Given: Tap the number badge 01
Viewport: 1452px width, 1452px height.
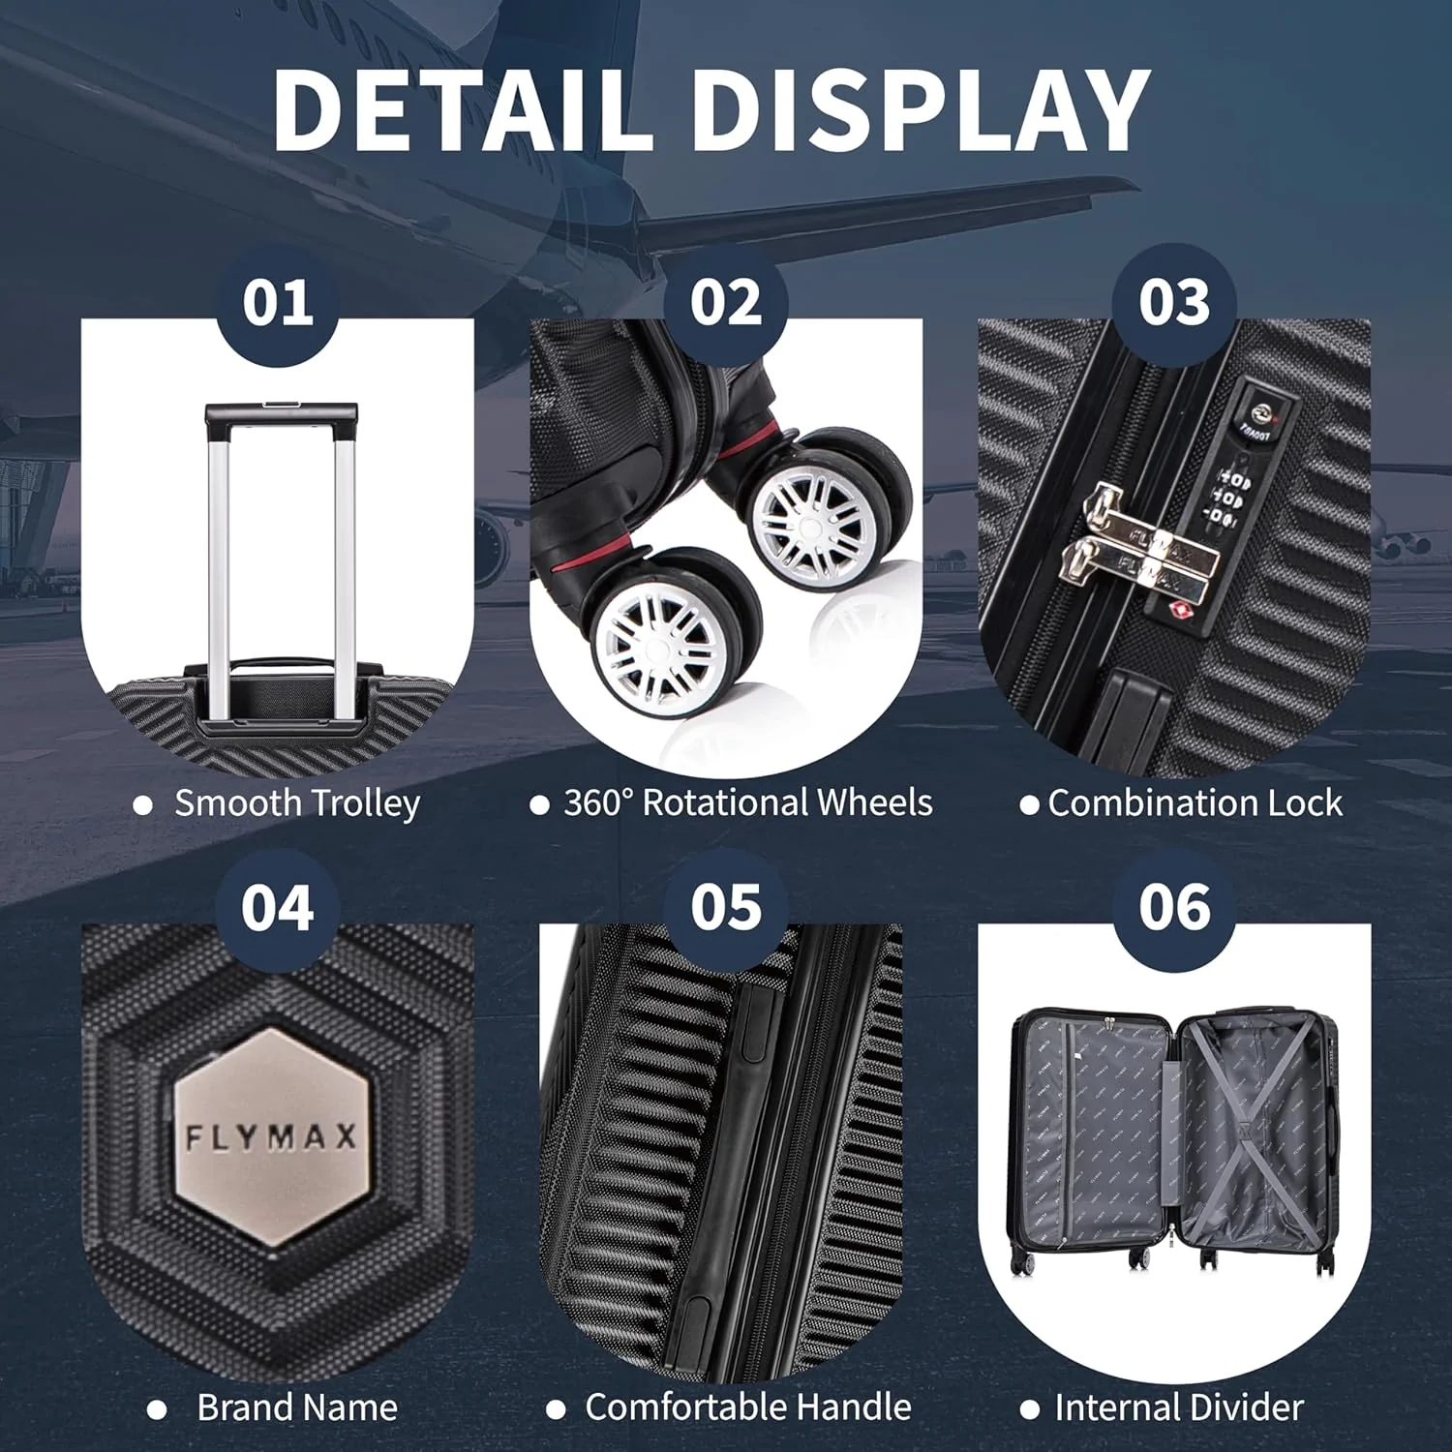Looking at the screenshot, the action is click(278, 303).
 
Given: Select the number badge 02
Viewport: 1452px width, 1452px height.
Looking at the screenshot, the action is click(726, 303).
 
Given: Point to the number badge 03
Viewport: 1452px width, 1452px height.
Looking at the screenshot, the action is click(1174, 303).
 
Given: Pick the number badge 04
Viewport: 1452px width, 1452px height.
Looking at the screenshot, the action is click(278, 908).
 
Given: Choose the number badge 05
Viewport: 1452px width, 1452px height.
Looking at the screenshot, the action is click(726, 908).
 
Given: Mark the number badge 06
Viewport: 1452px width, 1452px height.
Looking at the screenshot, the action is click(1174, 908).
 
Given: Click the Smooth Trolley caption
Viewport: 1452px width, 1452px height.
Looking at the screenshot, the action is click(297, 804).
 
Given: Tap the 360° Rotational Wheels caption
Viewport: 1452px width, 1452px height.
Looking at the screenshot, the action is click(748, 802).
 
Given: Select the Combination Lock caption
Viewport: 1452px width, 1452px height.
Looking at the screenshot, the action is click(1195, 803).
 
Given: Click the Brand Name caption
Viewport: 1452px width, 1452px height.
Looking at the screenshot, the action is click(297, 1407).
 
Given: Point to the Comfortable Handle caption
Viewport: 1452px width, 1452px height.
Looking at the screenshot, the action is click(748, 1407).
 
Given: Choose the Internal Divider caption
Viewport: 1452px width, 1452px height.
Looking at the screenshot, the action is click(1179, 1407).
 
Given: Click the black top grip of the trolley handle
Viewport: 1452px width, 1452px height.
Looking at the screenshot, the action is click(282, 415).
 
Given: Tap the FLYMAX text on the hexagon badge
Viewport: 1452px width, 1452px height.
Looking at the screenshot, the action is click(271, 1136).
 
